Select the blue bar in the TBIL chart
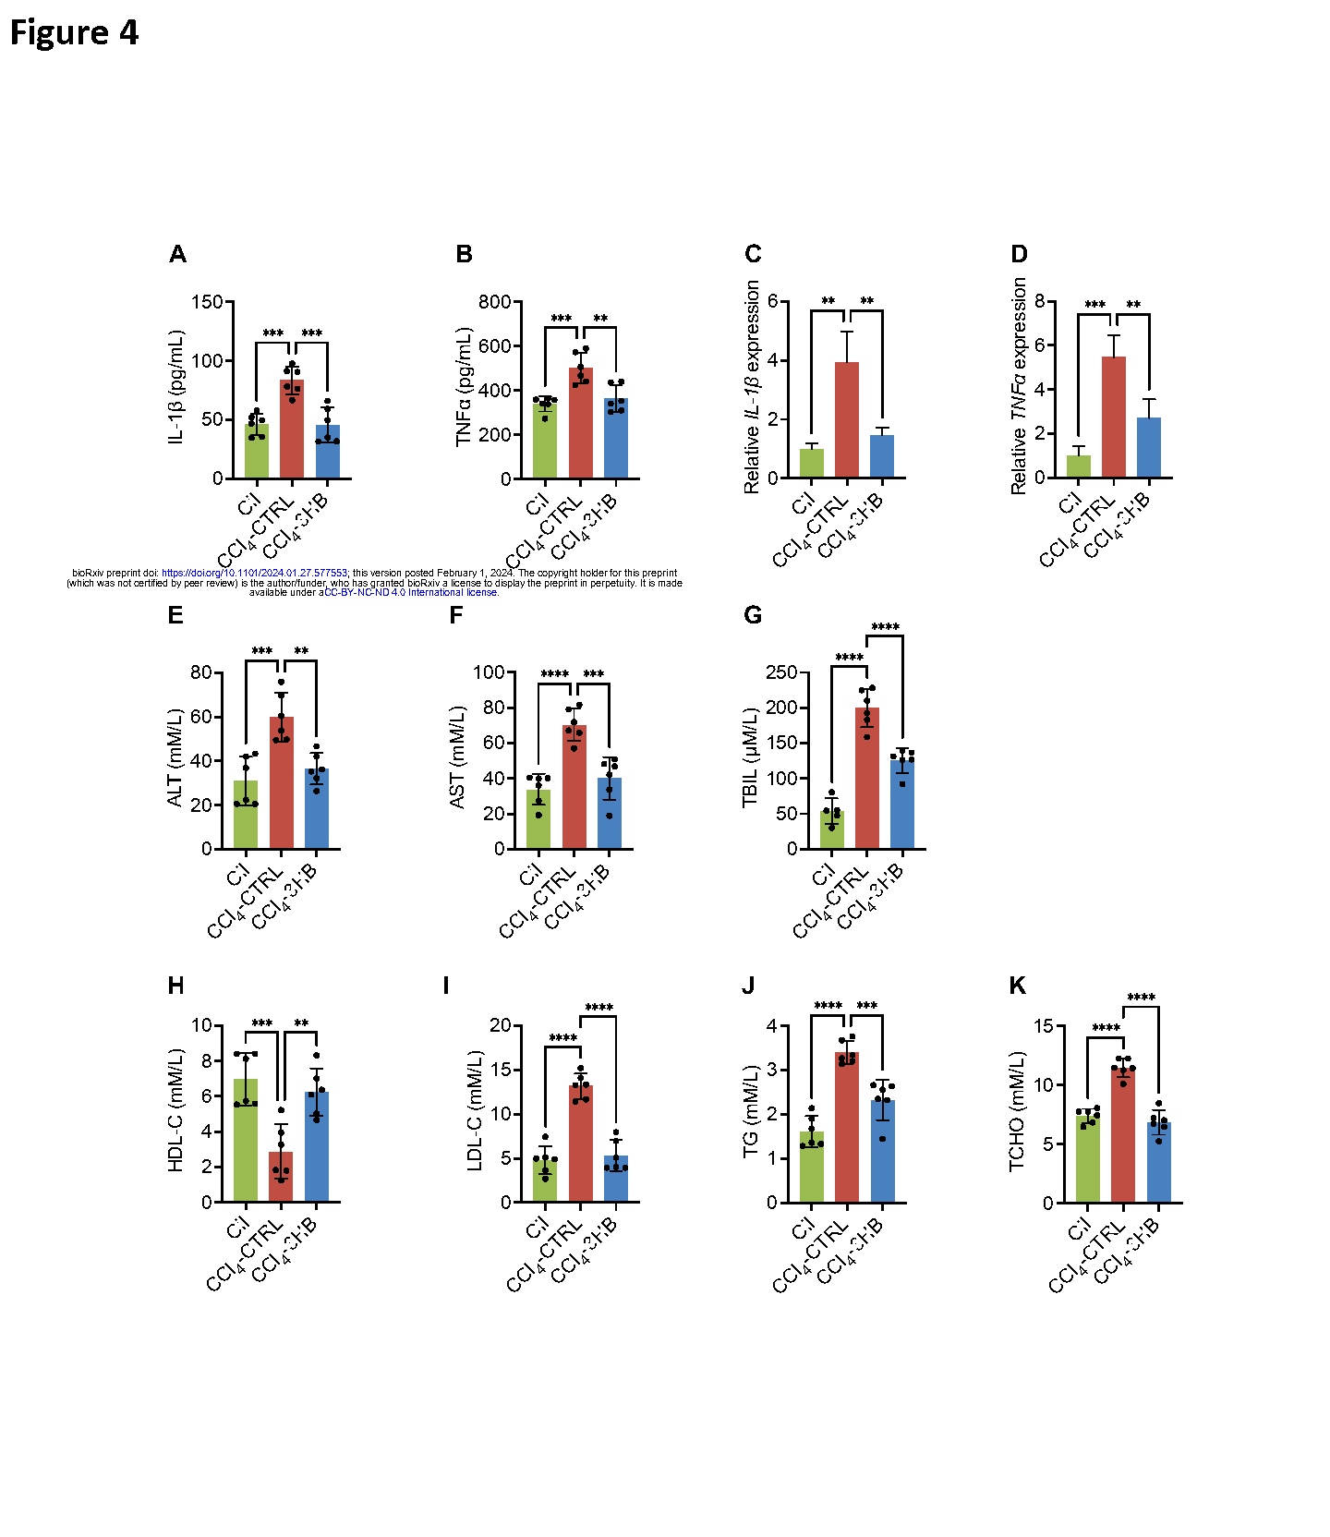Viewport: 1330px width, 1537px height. coord(902,805)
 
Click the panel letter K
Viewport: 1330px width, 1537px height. coord(1017,986)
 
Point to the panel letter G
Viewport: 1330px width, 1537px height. coord(753,615)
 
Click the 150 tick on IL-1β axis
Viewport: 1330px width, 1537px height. coord(207,302)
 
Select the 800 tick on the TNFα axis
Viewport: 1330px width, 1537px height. coord(495,302)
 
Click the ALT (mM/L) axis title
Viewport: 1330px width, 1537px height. coord(175,757)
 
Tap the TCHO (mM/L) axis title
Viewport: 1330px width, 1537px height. coord(1017,1111)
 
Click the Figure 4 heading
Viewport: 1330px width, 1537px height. coord(74,32)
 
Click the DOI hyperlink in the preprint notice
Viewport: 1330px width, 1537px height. coord(254,573)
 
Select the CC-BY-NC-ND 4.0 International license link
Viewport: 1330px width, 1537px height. coord(411,592)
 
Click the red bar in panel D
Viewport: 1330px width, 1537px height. coord(1114,418)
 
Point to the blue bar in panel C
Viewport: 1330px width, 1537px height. coord(882,456)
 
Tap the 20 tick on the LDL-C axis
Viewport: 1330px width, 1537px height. coord(500,1025)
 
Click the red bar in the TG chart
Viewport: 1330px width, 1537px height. coord(847,1127)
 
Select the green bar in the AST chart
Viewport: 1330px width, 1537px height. coord(538,819)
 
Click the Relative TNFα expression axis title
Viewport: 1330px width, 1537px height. coord(1019,386)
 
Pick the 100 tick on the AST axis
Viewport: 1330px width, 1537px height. coord(489,672)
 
